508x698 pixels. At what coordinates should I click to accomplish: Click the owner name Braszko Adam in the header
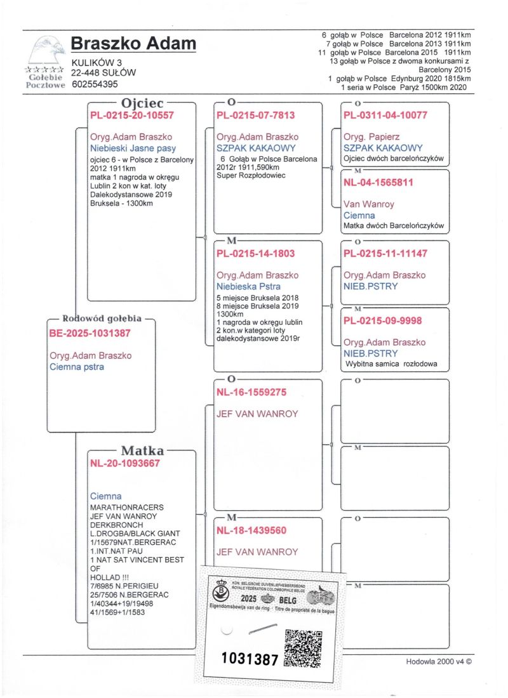click(133, 44)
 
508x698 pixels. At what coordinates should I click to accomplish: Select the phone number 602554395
click(95, 84)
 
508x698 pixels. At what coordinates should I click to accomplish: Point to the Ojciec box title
click(143, 102)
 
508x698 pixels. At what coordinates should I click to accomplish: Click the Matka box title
click(143, 451)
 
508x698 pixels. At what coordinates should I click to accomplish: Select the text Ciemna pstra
click(77, 366)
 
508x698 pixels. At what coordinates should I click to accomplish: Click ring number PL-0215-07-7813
click(255, 115)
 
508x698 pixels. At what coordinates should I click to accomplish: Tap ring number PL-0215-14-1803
click(255, 254)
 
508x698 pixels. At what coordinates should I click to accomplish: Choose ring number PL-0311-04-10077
click(385, 115)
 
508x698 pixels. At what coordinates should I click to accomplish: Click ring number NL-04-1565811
click(378, 183)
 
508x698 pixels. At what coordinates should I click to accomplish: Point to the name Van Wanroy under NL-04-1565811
click(369, 204)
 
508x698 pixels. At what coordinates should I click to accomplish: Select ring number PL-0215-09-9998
click(382, 321)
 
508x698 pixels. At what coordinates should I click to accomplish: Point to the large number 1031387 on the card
click(250, 659)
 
